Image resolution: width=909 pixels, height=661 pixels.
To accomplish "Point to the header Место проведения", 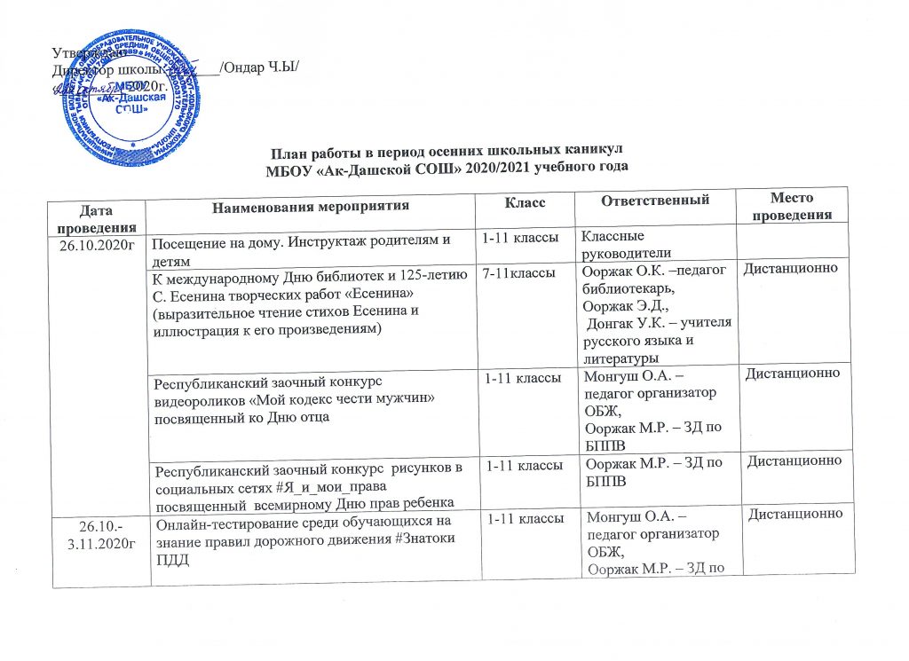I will tap(793, 206).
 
